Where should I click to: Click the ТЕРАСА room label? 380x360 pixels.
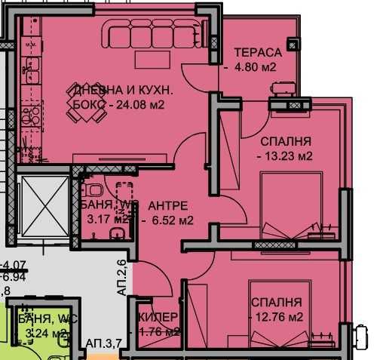257,53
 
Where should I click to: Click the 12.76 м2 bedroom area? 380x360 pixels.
277,315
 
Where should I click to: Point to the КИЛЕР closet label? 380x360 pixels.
158,316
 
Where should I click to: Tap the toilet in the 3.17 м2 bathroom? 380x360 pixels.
92,192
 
